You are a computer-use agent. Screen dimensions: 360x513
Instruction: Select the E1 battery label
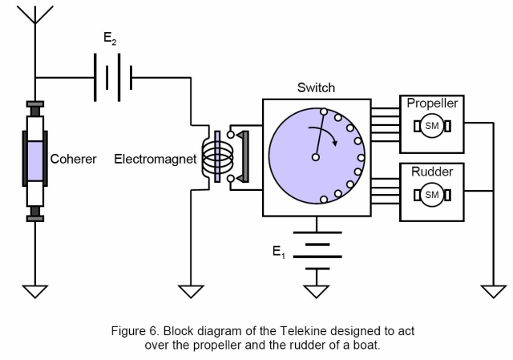tap(278, 253)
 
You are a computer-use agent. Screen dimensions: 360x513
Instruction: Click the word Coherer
tap(73, 159)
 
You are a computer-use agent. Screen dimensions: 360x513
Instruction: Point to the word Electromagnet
tap(155, 159)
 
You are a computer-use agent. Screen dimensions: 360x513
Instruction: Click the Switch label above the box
tap(316, 87)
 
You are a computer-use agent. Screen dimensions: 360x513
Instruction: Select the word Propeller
tap(432, 103)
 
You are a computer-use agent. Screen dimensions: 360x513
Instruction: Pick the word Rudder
tap(432, 172)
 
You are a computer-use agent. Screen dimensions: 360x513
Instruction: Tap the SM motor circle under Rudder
tap(432, 194)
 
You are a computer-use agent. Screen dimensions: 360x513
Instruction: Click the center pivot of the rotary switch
tap(316, 157)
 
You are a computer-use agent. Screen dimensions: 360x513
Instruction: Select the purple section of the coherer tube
tap(34, 159)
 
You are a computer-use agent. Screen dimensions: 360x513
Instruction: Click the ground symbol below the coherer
tap(34, 289)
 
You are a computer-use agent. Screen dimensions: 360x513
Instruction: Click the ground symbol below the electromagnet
tap(191, 289)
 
